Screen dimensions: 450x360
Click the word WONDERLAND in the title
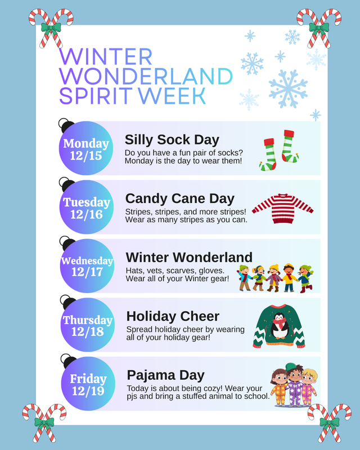pos(146,76)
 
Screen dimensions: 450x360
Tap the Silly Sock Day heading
pos(172,139)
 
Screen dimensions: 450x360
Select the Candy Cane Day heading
pos(179,199)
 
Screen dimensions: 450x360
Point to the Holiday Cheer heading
pos(173,316)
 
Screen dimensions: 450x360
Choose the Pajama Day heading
pos(165,375)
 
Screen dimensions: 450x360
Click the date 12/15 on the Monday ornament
pos(86,156)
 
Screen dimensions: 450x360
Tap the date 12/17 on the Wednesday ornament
pos(87,273)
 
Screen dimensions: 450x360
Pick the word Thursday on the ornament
pos(87,320)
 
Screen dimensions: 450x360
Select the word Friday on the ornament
pos(88,379)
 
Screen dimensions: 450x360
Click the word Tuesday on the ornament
pos(87,202)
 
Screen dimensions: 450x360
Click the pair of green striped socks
pos(279,150)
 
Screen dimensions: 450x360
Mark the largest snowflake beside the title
pos(288,88)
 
